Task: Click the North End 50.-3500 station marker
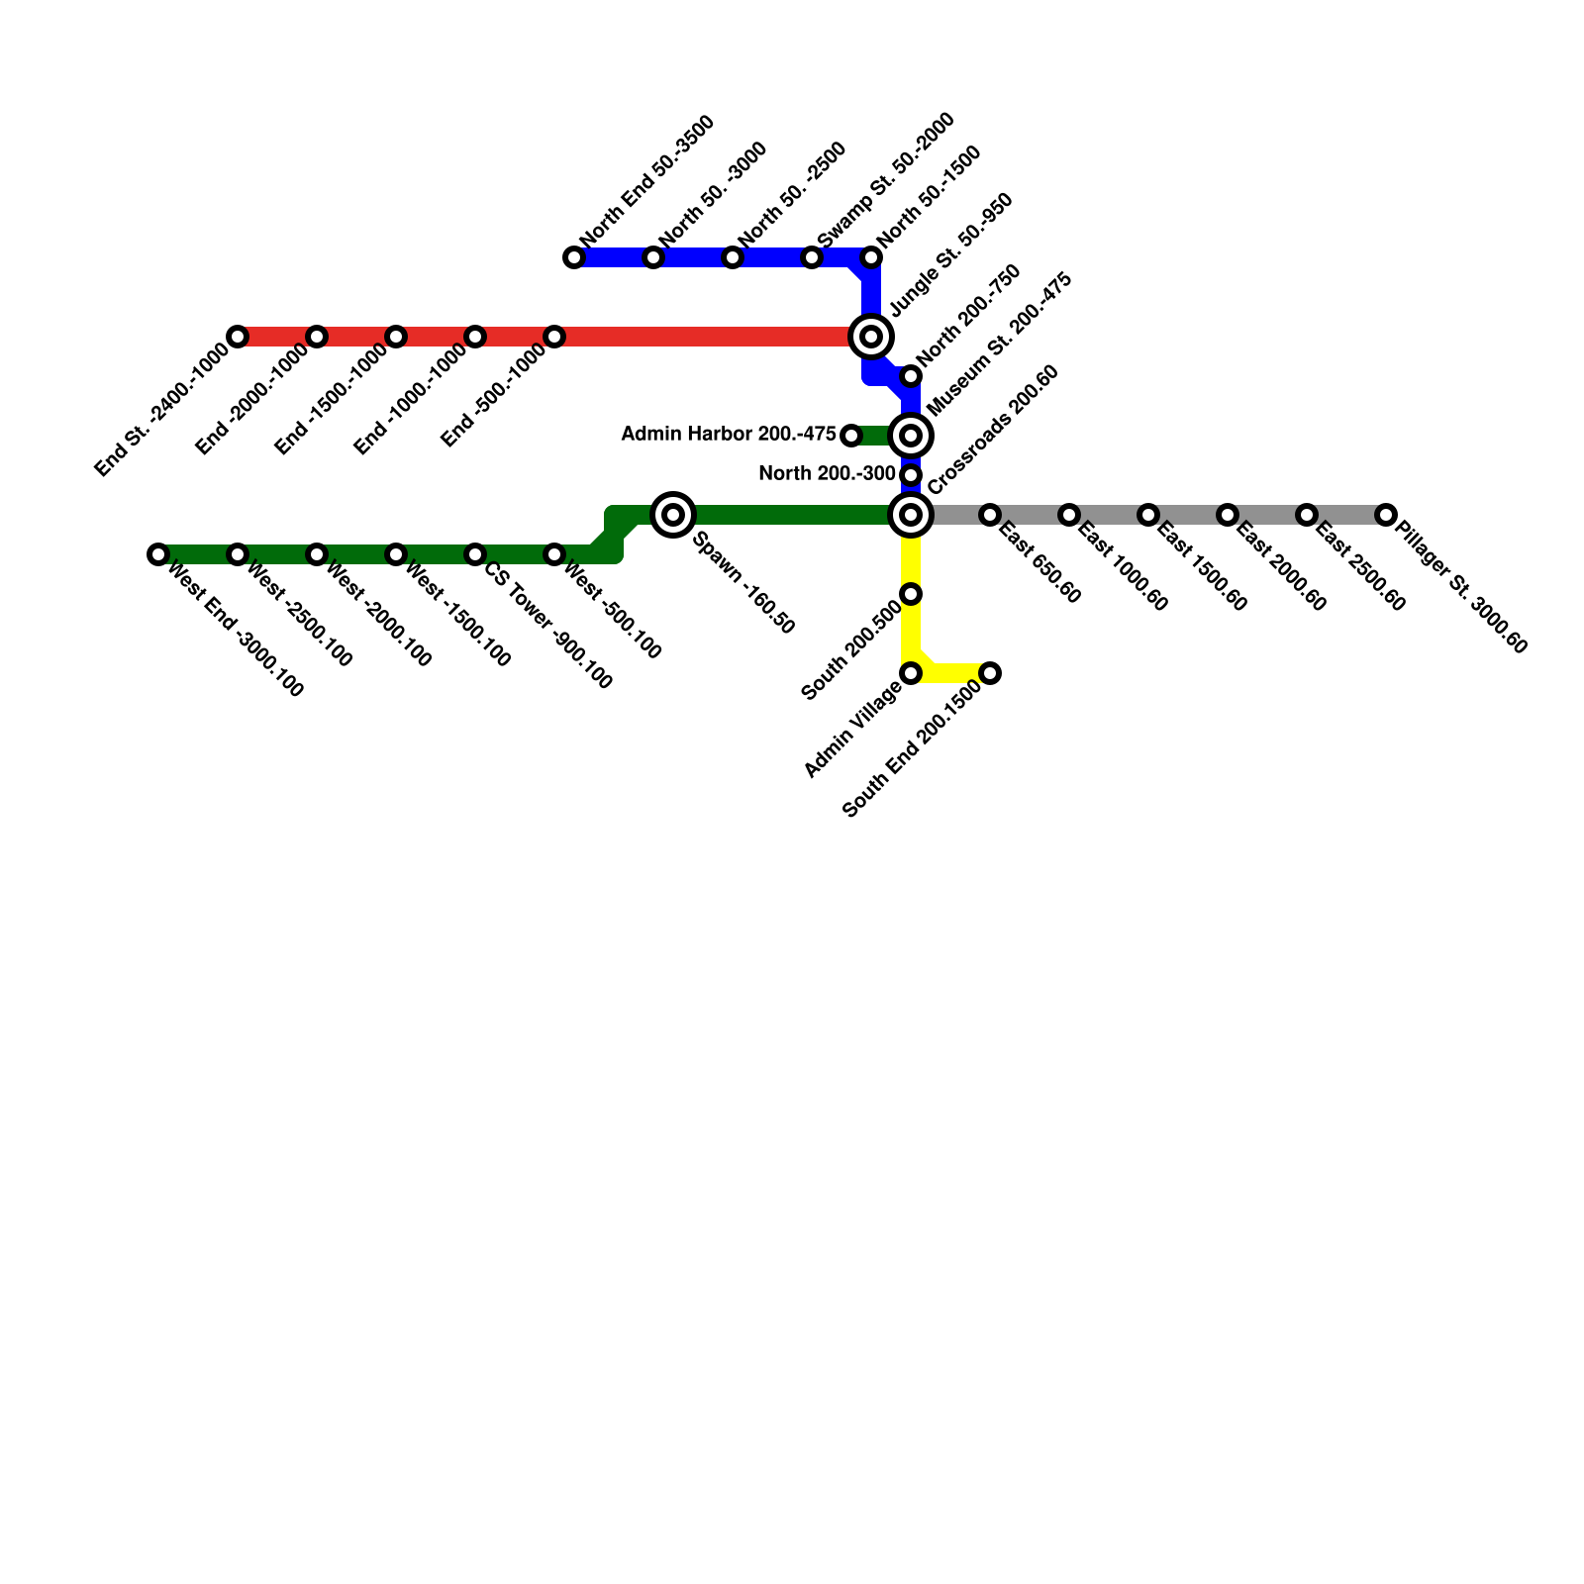click(x=574, y=257)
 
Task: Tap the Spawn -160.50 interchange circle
click(x=673, y=514)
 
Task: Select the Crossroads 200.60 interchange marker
click(x=911, y=514)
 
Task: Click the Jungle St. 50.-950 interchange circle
click(x=871, y=337)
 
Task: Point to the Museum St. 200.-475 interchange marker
click(x=911, y=435)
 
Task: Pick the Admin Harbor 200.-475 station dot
click(x=850, y=435)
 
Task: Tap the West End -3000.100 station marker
click(x=158, y=554)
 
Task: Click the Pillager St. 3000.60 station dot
click(x=1386, y=515)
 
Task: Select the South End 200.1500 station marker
click(x=990, y=673)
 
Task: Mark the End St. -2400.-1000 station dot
click(x=238, y=337)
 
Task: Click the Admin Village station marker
click(x=911, y=673)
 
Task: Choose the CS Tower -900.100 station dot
click(x=475, y=554)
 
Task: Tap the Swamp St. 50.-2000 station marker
click(x=812, y=257)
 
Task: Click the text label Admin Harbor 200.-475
click(x=729, y=434)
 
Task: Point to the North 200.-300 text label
click(x=827, y=474)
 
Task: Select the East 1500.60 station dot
click(x=1148, y=515)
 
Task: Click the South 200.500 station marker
click(x=911, y=594)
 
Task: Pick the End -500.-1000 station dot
click(x=554, y=337)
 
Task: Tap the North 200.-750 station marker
click(x=911, y=376)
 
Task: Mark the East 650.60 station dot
click(x=990, y=515)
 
